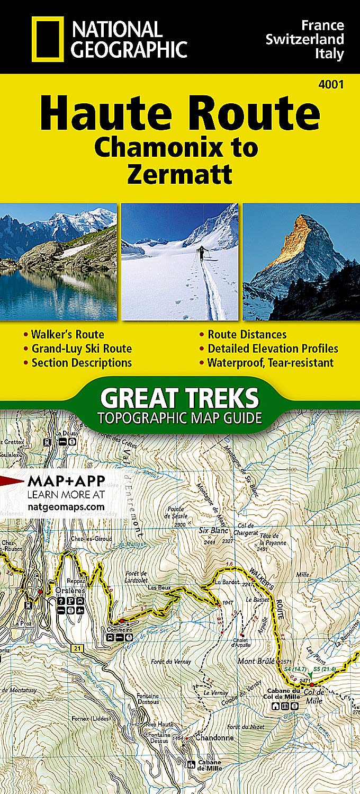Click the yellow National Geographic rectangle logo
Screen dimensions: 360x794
tap(47, 38)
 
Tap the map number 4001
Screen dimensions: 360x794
tap(331, 83)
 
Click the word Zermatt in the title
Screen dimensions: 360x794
tap(179, 174)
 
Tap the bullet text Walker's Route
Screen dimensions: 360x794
tap(67, 334)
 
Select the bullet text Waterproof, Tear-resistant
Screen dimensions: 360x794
tap(271, 363)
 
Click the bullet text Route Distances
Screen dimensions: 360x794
tap(247, 334)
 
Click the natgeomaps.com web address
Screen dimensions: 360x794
tap(65, 507)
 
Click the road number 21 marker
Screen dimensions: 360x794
tap(78, 648)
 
